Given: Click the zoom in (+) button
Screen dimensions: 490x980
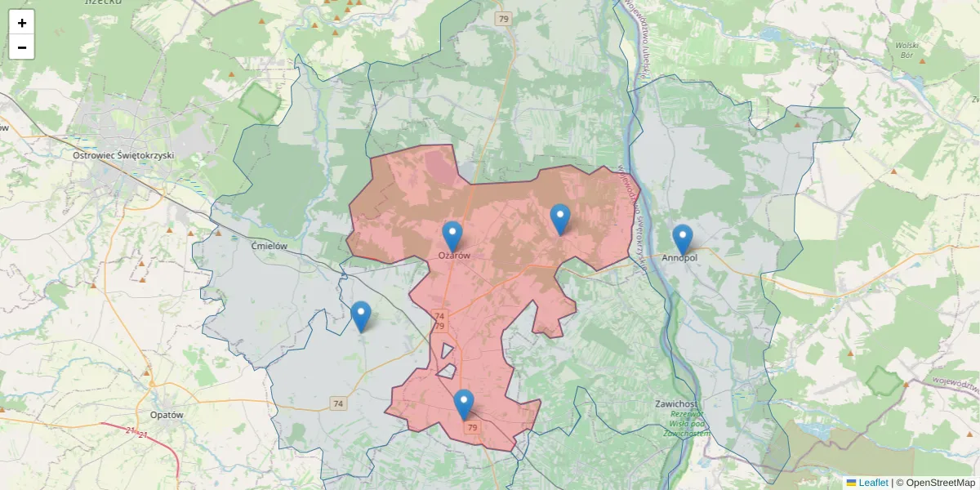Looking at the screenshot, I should [x=22, y=23].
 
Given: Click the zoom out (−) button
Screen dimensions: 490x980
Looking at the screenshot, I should [x=22, y=47].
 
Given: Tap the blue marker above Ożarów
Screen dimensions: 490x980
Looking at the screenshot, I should [x=452, y=235].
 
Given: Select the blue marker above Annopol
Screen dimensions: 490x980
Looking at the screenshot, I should [x=683, y=238].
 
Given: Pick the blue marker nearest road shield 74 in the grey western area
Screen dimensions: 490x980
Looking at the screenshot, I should [x=360, y=316].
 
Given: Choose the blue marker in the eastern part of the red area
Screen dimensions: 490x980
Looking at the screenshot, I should [x=559, y=219].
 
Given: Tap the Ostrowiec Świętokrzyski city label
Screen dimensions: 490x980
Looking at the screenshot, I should [x=123, y=155].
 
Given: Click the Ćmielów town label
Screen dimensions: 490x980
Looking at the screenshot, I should [x=269, y=245].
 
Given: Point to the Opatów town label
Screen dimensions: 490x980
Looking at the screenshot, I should [x=167, y=414].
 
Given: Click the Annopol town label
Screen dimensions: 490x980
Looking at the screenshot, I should [x=679, y=258].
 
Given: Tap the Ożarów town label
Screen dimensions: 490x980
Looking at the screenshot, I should [x=454, y=256].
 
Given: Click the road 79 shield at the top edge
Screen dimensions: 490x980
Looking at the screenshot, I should [x=504, y=18].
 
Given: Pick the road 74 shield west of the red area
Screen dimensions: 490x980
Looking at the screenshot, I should [x=338, y=403].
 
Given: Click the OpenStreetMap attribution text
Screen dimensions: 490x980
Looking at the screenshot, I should [x=935, y=483].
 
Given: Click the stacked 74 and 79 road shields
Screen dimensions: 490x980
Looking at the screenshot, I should [x=439, y=321].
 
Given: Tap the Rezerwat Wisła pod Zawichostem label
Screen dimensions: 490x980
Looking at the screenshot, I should [x=685, y=425].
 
